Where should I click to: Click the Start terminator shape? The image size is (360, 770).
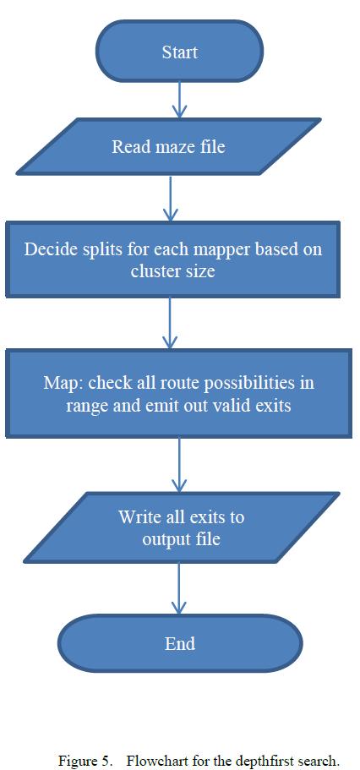pyautogui.click(x=179, y=52)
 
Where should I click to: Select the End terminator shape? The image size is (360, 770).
pyautogui.click(x=179, y=643)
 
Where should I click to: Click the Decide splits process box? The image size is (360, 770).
pyautogui.click(x=172, y=259)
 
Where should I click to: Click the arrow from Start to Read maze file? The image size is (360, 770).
pyautogui.click(x=179, y=101)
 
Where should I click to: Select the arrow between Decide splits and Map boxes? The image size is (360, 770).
pyautogui.click(x=172, y=323)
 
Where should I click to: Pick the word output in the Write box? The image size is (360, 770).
pyautogui.click(x=168, y=538)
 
